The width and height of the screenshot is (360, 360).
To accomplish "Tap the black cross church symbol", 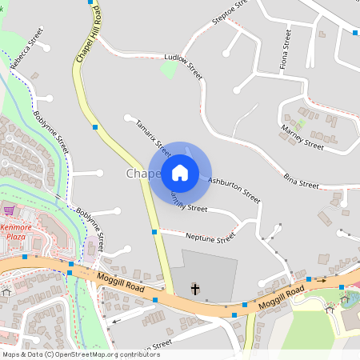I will pos(194,287).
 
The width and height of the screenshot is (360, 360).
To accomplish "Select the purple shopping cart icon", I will pos(9,210).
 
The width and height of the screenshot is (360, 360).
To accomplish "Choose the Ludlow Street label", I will pos(182,66).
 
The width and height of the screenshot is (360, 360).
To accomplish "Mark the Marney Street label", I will pos(302,136).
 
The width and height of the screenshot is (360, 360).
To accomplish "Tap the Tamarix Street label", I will pos(153,137).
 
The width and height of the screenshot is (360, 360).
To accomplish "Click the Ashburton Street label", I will pos(234,190).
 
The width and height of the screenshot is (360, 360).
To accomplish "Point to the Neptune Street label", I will pos(210,238).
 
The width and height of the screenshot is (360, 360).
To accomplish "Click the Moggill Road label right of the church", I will pos(279,299).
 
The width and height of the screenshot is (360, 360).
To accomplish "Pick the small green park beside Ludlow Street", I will pos(168,70).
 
